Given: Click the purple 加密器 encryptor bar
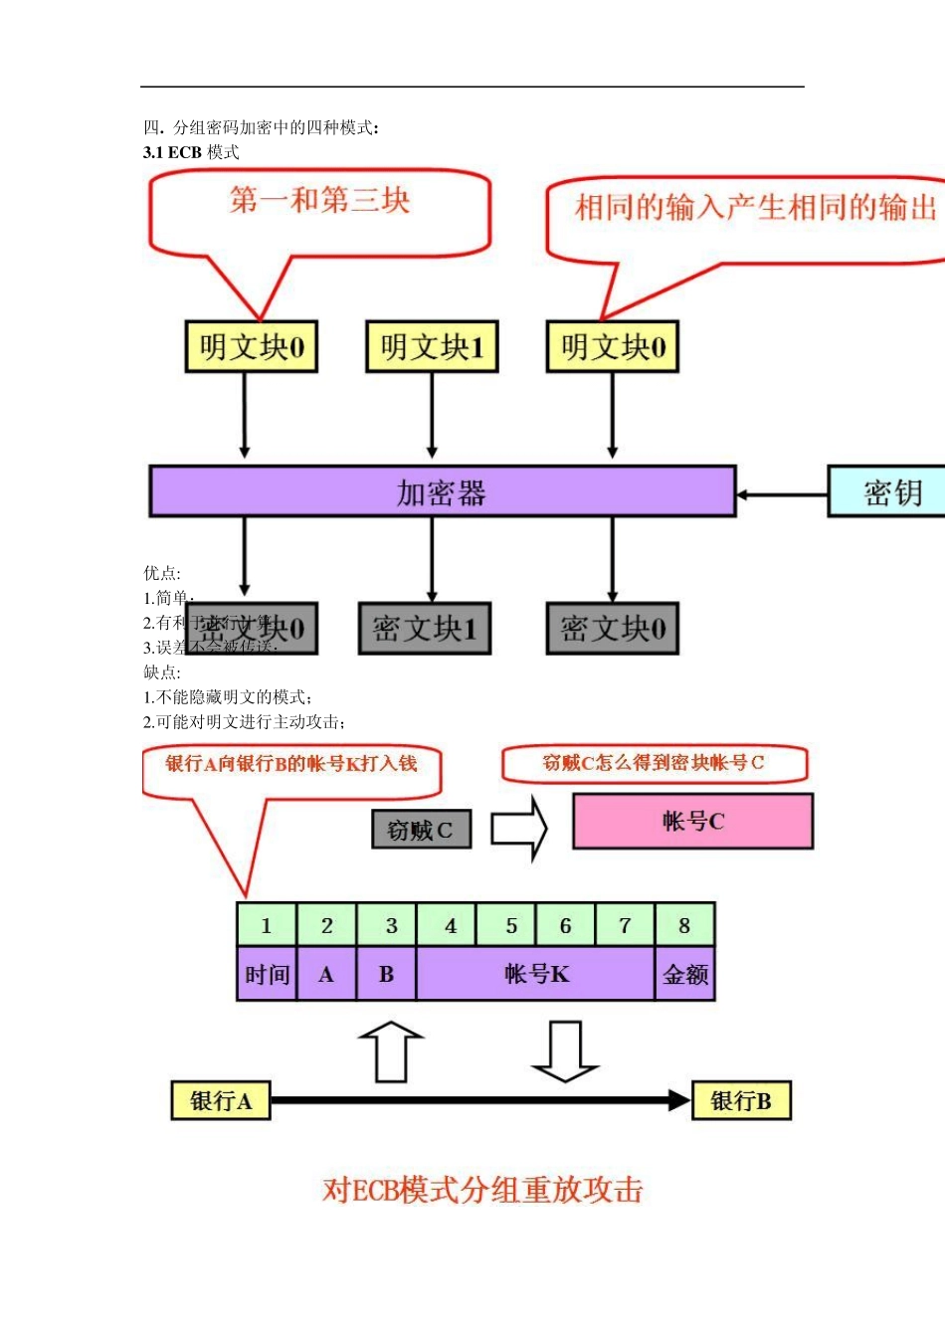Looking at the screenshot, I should pos(443,491).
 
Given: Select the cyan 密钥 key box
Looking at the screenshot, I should pos(888,491).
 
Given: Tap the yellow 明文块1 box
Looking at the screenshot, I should pos(432,347).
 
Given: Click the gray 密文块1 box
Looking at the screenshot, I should pos(425,629).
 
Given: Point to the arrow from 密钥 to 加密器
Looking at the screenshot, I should pos(782,493).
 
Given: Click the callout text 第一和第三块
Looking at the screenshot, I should pos(319,201).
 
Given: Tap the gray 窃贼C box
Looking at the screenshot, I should pos(421,830).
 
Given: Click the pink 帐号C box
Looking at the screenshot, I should pos(693,821).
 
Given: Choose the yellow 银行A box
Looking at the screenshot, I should pos(221,1101).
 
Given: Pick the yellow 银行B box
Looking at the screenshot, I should pos(741,1101).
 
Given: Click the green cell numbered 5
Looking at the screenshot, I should pos(510,925).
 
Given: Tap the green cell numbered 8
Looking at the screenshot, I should pos(684,925).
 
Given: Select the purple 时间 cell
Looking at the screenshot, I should pos(267,974).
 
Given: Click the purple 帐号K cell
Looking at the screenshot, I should pos(536,974).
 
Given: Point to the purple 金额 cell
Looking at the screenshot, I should pos(685,974).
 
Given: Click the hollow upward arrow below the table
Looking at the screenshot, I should pos(391,1051).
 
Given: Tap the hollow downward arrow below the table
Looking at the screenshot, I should pos(565,1051).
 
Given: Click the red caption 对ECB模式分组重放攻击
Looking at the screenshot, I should pos(482,1190).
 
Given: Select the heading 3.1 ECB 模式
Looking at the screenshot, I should pos(191,152).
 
